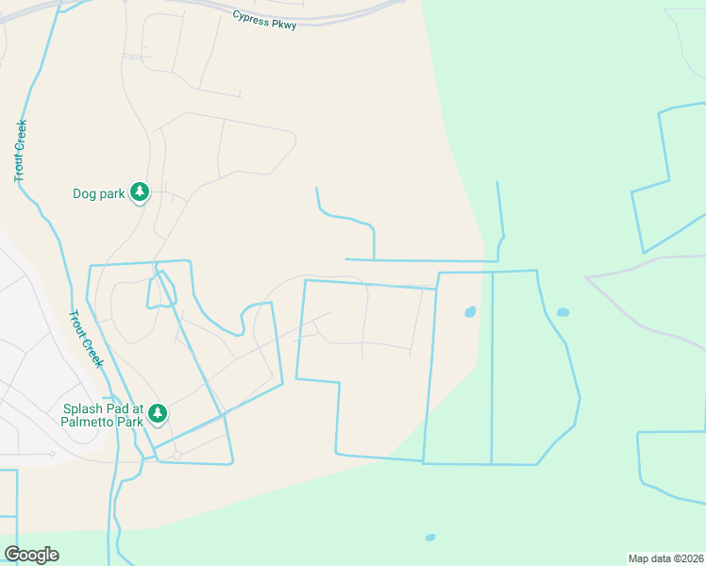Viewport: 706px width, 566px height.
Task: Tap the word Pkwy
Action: pyautogui.click(x=286, y=25)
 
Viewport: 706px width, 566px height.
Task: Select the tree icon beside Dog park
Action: pyautogui.click(x=140, y=193)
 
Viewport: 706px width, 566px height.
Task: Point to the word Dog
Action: pyautogui.click(x=85, y=194)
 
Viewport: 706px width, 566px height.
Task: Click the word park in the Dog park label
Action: pyautogui.click(x=111, y=194)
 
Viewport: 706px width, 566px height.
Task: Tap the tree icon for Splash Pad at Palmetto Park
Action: pyautogui.click(x=158, y=413)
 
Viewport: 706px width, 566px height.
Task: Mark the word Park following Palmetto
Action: pyautogui.click(x=130, y=422)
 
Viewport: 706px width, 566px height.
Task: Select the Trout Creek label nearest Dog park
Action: pyautogui.click(x=21, y=151)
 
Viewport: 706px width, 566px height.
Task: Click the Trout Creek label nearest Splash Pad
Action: pyautogui.click(x=86, y=340)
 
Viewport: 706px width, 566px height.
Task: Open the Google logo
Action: pyautogui.click(x=31, y=555)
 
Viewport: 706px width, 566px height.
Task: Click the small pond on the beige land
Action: pyautogui.click(x=470, y=311)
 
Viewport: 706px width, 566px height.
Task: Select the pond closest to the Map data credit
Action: pyautogui.click(x=430, y=538)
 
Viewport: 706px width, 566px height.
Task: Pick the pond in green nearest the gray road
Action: pyautogui.click(x=563, y=312)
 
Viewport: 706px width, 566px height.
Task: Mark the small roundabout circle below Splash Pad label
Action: pyautogui.click(x=176, y=456)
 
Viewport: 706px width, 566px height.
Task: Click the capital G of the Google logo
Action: pyautogui.click(x=12, y=555)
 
